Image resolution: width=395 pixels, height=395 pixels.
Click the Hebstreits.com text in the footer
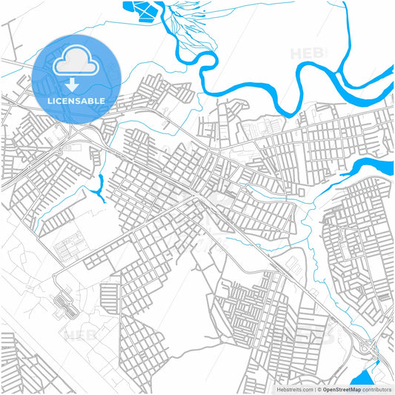pyautogui.click(x=294, y=388)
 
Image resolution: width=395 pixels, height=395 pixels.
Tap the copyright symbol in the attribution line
pyautogui.click(x=318, y=388)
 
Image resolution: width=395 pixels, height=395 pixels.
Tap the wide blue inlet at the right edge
pyautogui.click(x=371, y=167)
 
